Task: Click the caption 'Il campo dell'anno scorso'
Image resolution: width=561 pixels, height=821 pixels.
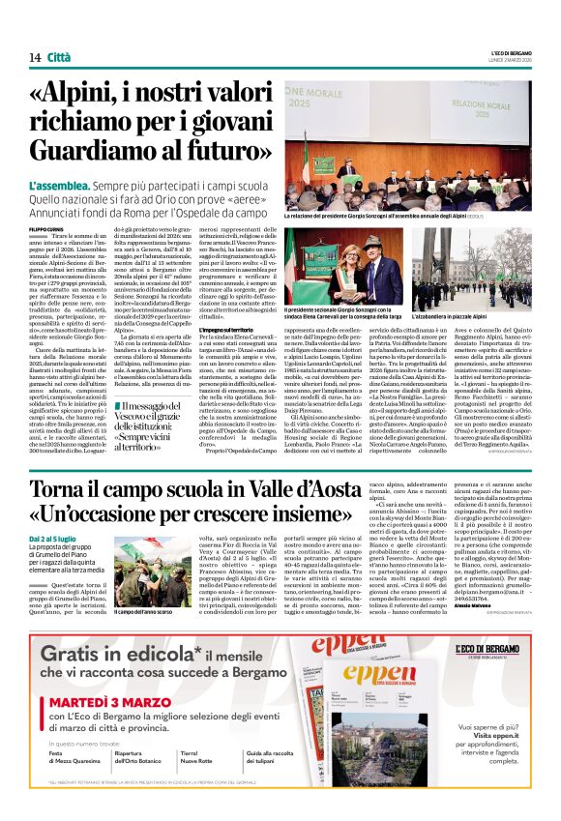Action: tap(147, 612)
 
